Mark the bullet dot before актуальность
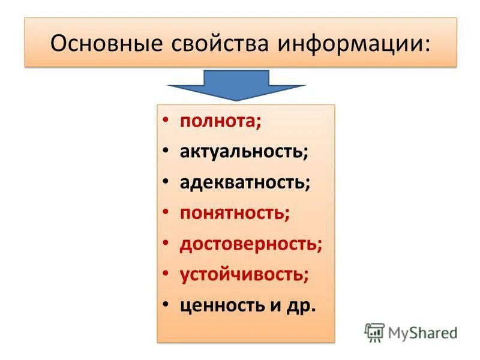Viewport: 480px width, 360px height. point(166,151)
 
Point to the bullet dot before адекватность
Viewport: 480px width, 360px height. point(166,182)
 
